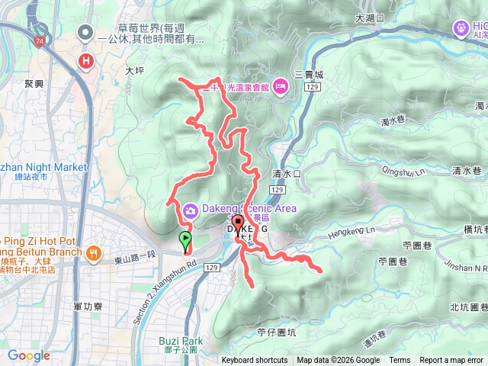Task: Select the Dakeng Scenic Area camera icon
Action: click(x=190, y=209)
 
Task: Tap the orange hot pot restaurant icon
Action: click(x=93, y=252)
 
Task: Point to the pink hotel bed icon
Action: click(x=281, y=88)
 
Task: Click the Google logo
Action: click(x=29, y=355)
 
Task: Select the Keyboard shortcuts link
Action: click(x=255, y=361)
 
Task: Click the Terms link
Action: click(x=400, y=361)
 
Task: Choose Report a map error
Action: click(x=451, y=361)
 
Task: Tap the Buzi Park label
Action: click(x=181, y=341)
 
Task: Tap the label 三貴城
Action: click(x=309, y=75)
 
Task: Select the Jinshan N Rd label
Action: click(x=467, y=268)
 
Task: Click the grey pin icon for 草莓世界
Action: click(x=86, y=33)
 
